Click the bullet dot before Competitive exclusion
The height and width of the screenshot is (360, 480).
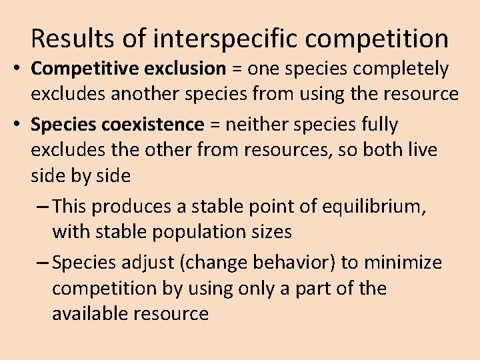coord(15,69)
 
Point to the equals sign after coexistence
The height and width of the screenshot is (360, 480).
coord(215,125)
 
